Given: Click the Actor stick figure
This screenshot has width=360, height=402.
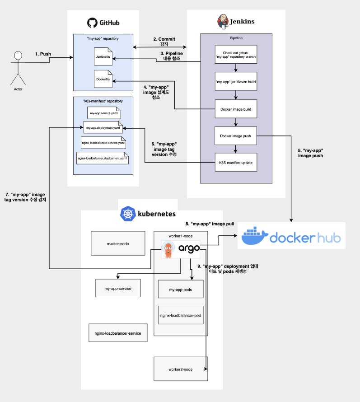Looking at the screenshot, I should [18, 68].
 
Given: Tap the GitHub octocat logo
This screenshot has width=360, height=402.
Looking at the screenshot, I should [92, 23].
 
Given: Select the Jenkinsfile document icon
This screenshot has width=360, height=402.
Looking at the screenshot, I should [103, 58].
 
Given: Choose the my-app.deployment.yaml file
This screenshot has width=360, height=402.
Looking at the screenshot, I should [103, 128].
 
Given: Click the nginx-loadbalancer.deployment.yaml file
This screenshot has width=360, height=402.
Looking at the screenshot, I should [103, 159].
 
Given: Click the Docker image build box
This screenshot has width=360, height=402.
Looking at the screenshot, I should [236, 109].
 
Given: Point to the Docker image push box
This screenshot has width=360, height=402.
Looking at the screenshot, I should [236, 136].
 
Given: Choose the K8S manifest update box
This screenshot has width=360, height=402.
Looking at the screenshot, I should [236, 162].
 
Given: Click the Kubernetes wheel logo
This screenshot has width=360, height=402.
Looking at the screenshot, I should [128, 214].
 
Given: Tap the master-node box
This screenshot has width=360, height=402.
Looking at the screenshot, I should [118, 244].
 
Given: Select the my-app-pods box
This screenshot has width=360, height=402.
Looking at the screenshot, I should [181, 290].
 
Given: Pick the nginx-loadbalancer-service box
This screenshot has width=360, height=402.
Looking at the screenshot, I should [118, 333].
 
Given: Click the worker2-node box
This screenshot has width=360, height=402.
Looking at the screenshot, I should [181, 369].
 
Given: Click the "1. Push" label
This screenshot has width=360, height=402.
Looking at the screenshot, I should [43, 54].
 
